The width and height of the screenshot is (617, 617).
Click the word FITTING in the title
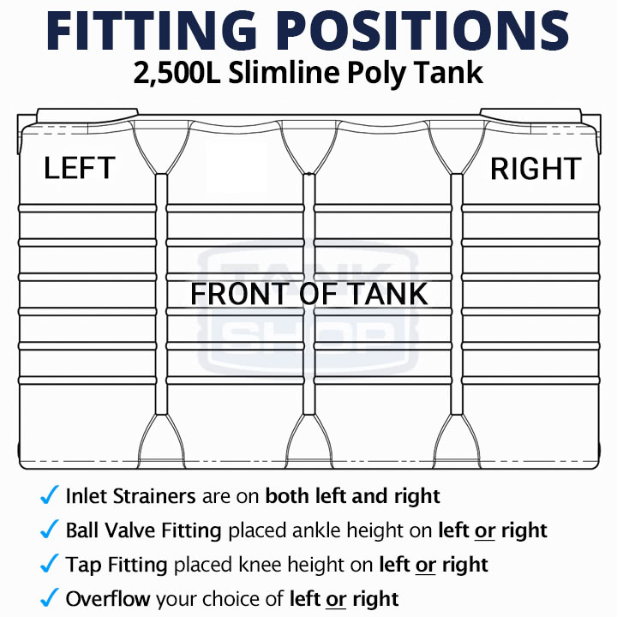tap(152, 31)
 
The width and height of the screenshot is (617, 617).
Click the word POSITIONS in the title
tap(425, 31)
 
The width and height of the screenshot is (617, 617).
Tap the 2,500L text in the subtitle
tap(177, 74)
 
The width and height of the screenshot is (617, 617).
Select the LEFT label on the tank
tap(80, 168)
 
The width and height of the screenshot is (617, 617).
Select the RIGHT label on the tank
tap(536, 169)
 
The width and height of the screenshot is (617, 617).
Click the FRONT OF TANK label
tap(309, 294)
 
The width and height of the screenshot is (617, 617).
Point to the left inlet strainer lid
tap(87, 116)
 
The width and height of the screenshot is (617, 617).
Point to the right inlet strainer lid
tap(530, 116)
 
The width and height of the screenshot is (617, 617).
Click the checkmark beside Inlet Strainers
tap(50, 494)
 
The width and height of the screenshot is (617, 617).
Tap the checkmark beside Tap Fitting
tap(50, 563)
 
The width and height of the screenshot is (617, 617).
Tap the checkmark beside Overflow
tap(50, 597)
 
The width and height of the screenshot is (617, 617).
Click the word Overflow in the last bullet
tap(108, 599)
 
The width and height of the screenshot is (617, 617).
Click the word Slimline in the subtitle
tap(284, 73)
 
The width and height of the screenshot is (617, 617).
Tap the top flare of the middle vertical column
tap(308, 147)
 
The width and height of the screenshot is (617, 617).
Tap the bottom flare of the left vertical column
tap(161, 440)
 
